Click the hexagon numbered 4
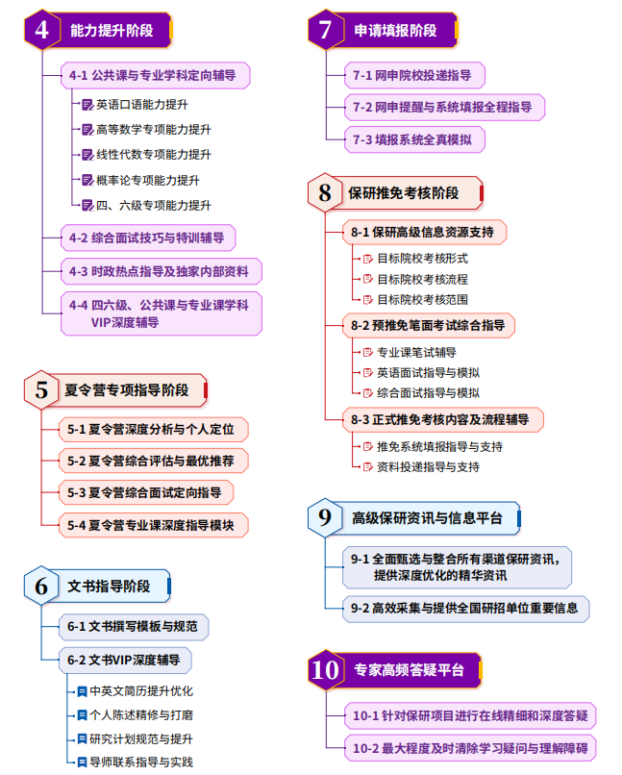point(41,31)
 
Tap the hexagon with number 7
point(326,31)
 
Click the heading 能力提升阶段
point(112,31)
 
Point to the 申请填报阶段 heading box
point(395,31)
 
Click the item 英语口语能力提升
point(141,104)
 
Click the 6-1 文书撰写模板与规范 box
point(134,627)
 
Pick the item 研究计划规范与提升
point(140,739)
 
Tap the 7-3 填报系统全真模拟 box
point(412,139)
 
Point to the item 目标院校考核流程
point(422,279)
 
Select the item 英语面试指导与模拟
point(428,372)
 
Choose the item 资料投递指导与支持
point(428,467)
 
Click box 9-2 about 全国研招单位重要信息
point(464,608)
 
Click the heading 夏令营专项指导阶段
point(125,391)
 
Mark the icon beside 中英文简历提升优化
point(83,690)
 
